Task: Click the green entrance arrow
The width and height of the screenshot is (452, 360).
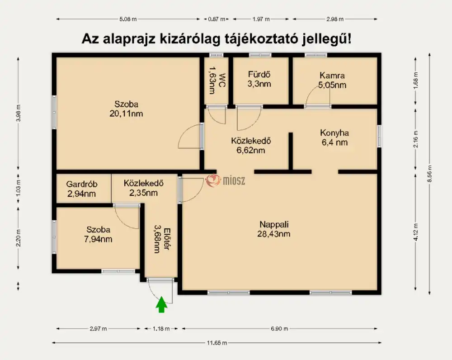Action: [x=161, y=305]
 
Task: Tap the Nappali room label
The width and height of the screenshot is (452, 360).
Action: [x=274, y=224]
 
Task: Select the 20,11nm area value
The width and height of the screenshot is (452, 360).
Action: [x=126, y=114]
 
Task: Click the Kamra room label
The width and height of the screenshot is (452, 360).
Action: [x=332, y=76]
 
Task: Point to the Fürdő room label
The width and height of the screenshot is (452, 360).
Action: [x=259, y=75]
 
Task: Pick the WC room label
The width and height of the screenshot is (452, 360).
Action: [x=222, y=81]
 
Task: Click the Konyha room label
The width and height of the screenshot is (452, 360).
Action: [x=334, y=133]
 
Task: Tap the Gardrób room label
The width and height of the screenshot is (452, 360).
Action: [x=81, y=184]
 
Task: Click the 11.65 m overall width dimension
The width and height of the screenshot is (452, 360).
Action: [x=217, y=343]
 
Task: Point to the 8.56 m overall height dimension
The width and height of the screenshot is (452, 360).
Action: [x=429, y=174]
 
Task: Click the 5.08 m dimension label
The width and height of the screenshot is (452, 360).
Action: [x=128, y=19]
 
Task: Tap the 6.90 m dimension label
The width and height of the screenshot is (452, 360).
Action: [x=279, y=328]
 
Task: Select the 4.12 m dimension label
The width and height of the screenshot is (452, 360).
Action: [x=415, y=232]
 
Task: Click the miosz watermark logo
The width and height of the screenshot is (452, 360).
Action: [x=225, y=180]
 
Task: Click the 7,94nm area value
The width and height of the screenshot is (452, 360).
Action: [x=98, y=239]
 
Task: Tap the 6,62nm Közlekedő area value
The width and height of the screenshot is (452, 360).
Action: [x=251, y=150]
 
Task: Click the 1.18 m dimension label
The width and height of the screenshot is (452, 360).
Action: [x=161, y=328]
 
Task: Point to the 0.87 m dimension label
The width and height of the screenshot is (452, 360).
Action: [x=217, y=19]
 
